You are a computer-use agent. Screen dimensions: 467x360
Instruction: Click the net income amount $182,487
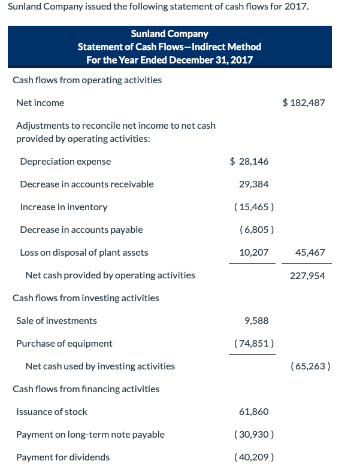point(304,103)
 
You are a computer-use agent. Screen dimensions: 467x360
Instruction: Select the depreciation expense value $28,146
point(249,162)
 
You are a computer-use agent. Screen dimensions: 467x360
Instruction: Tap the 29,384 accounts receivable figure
point(254,184)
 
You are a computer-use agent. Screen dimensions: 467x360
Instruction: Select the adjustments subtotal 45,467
point(310,253)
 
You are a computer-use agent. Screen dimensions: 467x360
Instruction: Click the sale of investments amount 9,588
point(257,321)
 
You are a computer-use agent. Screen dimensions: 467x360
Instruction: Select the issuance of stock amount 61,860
point(254,412)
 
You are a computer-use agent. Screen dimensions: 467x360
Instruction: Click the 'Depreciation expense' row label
point(65,162)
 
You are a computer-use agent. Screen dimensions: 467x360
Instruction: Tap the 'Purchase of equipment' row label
point(64,344)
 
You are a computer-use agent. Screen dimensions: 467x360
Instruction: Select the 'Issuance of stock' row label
point(52,412)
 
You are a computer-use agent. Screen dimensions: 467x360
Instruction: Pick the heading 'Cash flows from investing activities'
point(86,298)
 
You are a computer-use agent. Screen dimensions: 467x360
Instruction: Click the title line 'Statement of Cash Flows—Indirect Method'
point(170,47)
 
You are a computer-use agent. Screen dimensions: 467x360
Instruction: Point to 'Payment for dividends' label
point(63,457)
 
